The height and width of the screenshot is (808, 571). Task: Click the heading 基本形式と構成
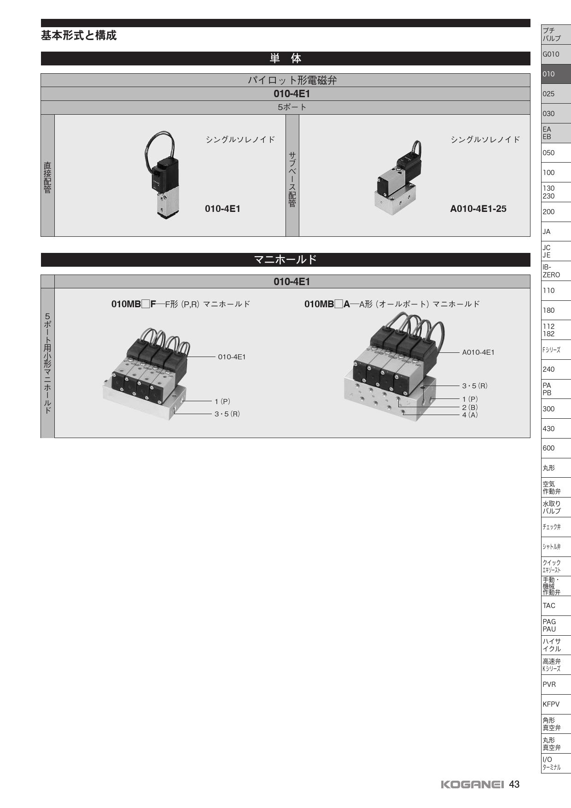coord(79,35)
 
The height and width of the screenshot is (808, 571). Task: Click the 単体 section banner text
coord(285,59)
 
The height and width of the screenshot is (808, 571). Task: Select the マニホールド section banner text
coord(285,260)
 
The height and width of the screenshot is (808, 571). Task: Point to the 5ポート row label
coord(292,107)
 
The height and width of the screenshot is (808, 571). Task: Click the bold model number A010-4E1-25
coord(478,209)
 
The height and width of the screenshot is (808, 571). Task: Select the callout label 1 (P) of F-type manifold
coord(222,402)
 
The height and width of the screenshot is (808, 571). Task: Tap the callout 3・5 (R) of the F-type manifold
coord(227,414)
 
